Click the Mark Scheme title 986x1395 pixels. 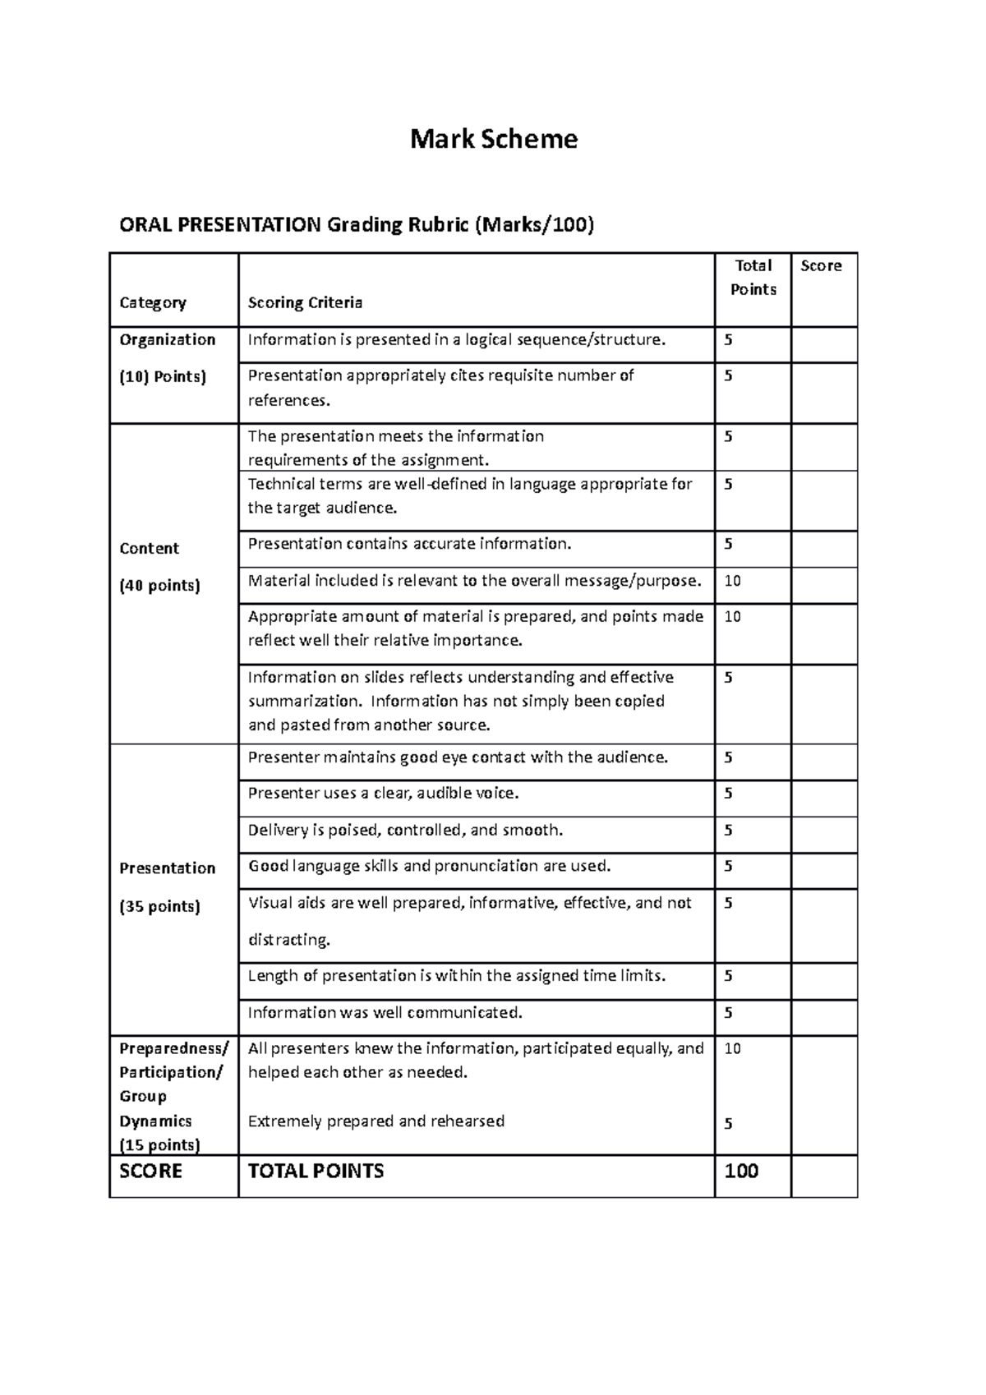[494, 139]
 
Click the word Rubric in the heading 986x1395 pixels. [435, 224]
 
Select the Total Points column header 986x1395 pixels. [753, 278]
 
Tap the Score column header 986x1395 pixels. [821, 265]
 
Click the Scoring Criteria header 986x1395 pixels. [305, 302]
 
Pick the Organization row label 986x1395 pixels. [168, 339]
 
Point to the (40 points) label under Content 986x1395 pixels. [159, 586]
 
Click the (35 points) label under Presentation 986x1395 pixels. [159, 907]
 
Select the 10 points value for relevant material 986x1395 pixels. [732, 581]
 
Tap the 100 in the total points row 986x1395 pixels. [741, 1171]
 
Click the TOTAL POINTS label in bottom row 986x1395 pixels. [316, 1171]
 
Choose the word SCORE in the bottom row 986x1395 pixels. [150, 1171]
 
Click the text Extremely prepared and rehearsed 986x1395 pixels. [376, 1121]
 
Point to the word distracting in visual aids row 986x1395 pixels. [288, 940]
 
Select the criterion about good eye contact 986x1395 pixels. [458, 757]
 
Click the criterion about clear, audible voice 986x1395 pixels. [383, 794]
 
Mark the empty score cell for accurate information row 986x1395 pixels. [823, 549]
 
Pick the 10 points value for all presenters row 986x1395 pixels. [732, 1048]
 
